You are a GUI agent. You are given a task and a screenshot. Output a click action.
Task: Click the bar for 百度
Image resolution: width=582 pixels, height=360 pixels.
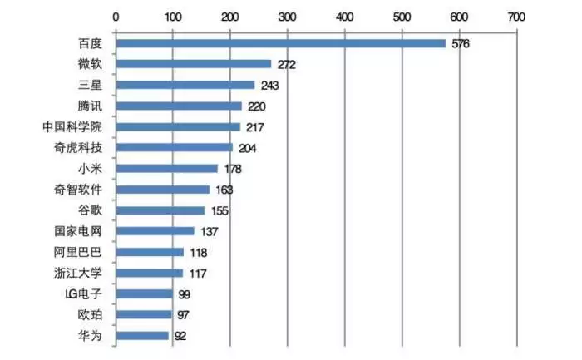280,43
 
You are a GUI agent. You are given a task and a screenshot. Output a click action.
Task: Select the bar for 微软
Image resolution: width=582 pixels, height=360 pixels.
193,64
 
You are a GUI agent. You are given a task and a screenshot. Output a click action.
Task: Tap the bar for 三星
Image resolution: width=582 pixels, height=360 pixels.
185,85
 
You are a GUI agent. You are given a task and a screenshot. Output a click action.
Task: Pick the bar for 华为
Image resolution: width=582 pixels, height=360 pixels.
141,335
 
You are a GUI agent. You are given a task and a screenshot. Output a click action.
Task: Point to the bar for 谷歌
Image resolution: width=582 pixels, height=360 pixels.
160,210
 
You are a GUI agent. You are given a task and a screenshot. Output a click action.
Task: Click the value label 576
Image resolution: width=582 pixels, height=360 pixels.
461,43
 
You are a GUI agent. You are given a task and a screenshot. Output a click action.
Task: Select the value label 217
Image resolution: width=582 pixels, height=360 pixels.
254,127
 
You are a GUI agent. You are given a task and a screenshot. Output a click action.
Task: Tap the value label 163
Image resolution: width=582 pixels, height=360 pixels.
224,190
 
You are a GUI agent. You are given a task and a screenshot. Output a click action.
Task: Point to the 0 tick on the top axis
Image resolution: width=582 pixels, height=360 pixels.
116,16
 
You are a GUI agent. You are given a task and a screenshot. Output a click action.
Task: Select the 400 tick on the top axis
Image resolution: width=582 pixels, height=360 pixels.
344,16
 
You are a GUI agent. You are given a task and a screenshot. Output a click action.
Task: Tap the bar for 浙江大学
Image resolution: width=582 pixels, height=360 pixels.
149,273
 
